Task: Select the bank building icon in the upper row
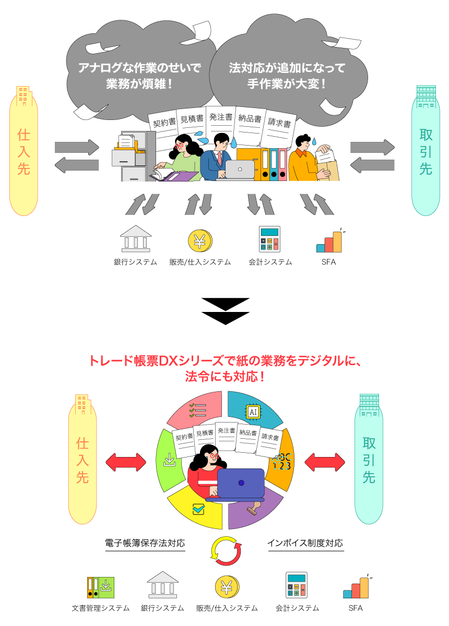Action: coord(136,239)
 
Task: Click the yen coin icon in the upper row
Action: coord(199,240)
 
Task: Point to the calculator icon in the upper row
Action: coord(269,239)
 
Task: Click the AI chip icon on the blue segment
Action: coord(253,412)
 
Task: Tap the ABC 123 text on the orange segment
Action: coord(282,461)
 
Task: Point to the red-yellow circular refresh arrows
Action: coord(226,551)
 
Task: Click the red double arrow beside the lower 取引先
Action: coord(325,462)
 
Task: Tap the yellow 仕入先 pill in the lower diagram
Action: coord(82,461)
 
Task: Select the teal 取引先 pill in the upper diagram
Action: coord(426,151)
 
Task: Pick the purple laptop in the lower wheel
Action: coord(241,484)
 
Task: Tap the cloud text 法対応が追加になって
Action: coord(287,68)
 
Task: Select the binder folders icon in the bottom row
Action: coord(100,587)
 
